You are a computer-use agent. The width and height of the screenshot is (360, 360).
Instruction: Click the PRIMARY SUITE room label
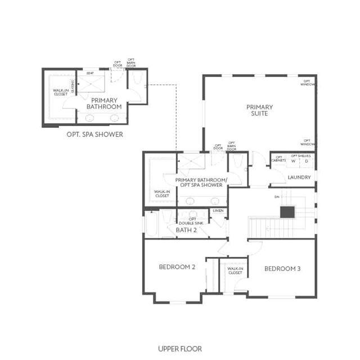click(259, 110)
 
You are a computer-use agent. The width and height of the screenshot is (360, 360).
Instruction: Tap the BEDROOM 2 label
click(177, 267)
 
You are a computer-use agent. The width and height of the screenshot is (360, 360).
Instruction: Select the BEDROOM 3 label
click(282, 269)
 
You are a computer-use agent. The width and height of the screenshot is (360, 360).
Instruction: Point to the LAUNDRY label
click(299, 177)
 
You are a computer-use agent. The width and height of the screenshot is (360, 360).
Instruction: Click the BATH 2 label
click(186, 230)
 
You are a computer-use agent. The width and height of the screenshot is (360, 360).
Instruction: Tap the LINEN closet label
click(218, 211)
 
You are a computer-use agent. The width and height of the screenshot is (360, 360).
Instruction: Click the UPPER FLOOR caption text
click(180, 349)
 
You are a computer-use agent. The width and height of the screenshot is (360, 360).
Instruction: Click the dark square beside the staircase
click(287, 211)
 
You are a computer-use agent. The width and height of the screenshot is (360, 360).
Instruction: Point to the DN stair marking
click(277, 197)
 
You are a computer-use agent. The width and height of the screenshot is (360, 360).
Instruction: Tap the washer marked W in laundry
click(293, 161)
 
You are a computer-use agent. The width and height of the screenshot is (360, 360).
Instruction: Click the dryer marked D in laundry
click(307, 161)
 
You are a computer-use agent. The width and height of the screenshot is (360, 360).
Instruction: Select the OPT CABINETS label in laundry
click(278, 159)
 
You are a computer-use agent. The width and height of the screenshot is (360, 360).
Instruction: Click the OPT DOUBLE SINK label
click(192, 220)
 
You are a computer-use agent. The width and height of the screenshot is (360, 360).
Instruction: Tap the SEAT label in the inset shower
click(90, 73)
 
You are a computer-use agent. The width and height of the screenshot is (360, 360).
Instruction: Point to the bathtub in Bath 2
click(151, 224)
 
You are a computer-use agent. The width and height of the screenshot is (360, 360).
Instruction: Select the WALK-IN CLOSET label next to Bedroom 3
click(235, 271)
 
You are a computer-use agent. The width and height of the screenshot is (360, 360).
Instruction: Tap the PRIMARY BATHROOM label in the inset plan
click(103, 103)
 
